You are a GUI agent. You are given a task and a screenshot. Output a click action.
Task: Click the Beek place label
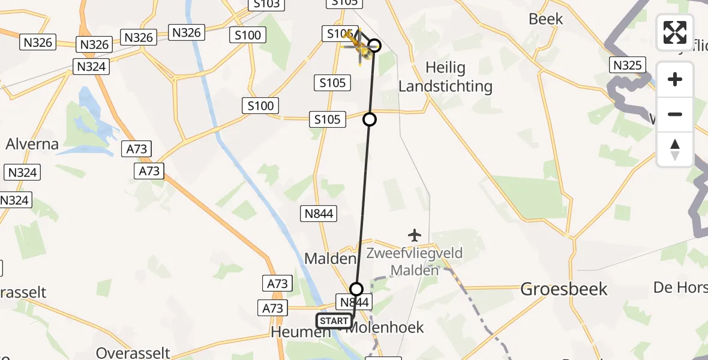[546, 19]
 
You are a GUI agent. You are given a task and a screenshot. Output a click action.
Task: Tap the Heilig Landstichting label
[445, 76]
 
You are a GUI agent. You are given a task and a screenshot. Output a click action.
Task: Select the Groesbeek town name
[564, 289]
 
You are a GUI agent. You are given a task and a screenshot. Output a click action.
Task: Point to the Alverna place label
[32, 144]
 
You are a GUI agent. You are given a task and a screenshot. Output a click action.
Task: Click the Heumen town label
[293, 332]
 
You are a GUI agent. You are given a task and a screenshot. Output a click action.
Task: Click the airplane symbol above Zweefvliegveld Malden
[415, 235]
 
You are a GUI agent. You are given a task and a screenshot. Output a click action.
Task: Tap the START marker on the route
[334, 321]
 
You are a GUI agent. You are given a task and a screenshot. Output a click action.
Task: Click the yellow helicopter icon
[358, 47]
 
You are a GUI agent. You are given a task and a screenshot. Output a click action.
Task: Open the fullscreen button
[675, 32]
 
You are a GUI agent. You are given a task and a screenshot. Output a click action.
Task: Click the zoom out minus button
[675, 114]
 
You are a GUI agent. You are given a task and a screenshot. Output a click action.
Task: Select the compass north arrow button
[675, 149]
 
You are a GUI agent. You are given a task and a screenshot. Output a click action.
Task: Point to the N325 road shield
[628, 65]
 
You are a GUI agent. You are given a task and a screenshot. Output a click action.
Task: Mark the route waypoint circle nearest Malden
[356, 289]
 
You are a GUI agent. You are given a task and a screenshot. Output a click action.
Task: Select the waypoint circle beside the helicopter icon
[375, 46]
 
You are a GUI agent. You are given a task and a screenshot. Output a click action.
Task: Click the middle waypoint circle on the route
[370, 119]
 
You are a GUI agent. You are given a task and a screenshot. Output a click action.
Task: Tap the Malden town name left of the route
[330, 259]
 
